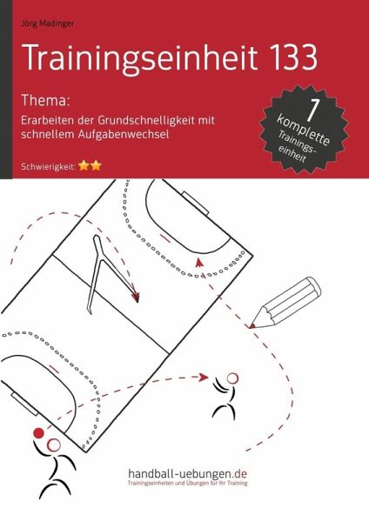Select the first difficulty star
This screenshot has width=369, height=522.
click(x=83, y=164)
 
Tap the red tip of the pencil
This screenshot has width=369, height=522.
click(x=251, y=325)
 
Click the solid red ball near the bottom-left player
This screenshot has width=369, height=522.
click(x=37, y=432)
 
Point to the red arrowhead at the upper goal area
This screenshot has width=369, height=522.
click(x=199, y=259)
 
